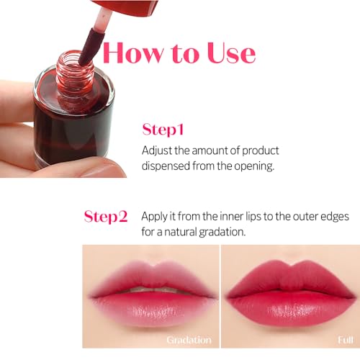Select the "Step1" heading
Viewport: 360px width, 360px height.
pos(163,130)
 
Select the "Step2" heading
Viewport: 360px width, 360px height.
pos(106,216)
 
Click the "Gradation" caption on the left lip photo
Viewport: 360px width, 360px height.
pos(189,339)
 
